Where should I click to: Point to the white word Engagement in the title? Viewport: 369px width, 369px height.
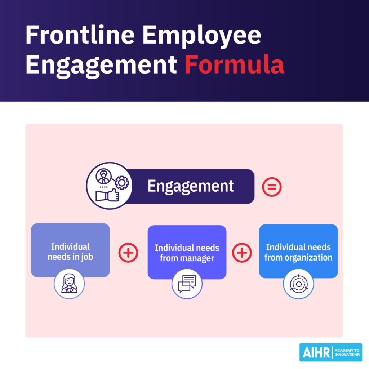101,65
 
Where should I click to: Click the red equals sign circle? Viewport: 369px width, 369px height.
271,187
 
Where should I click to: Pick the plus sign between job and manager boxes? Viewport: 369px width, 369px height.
128,253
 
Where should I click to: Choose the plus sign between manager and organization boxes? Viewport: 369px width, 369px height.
242,253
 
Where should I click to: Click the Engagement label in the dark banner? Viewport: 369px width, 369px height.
190,186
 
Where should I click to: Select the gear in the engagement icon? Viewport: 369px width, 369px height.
121,183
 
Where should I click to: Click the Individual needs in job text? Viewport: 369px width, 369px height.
70,252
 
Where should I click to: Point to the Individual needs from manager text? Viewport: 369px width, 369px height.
187,253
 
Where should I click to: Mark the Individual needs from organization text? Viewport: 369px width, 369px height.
298,252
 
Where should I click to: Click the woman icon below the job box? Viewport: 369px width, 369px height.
69,283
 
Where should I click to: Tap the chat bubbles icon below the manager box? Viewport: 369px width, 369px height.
187,284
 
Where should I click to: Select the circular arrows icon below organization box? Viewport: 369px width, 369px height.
298,284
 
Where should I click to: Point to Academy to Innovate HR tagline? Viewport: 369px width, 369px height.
347,352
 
